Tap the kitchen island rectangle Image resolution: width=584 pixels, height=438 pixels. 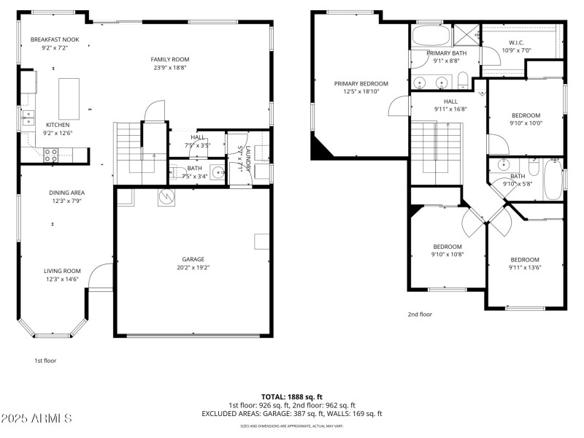coord(69,99)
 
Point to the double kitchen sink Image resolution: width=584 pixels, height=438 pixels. coord(28,117)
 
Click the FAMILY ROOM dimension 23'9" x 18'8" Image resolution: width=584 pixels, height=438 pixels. coord(170,67)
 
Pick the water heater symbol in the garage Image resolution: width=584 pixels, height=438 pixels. coord(166,196)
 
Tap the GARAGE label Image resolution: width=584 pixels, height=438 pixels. coord(193,259)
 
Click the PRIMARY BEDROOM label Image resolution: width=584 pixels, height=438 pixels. coord(361,84)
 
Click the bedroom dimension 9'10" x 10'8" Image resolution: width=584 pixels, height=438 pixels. coord(447,255)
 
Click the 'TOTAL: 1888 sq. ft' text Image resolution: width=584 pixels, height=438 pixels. coord(291,397)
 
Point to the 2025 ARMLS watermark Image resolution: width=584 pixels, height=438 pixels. coord(36,418)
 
